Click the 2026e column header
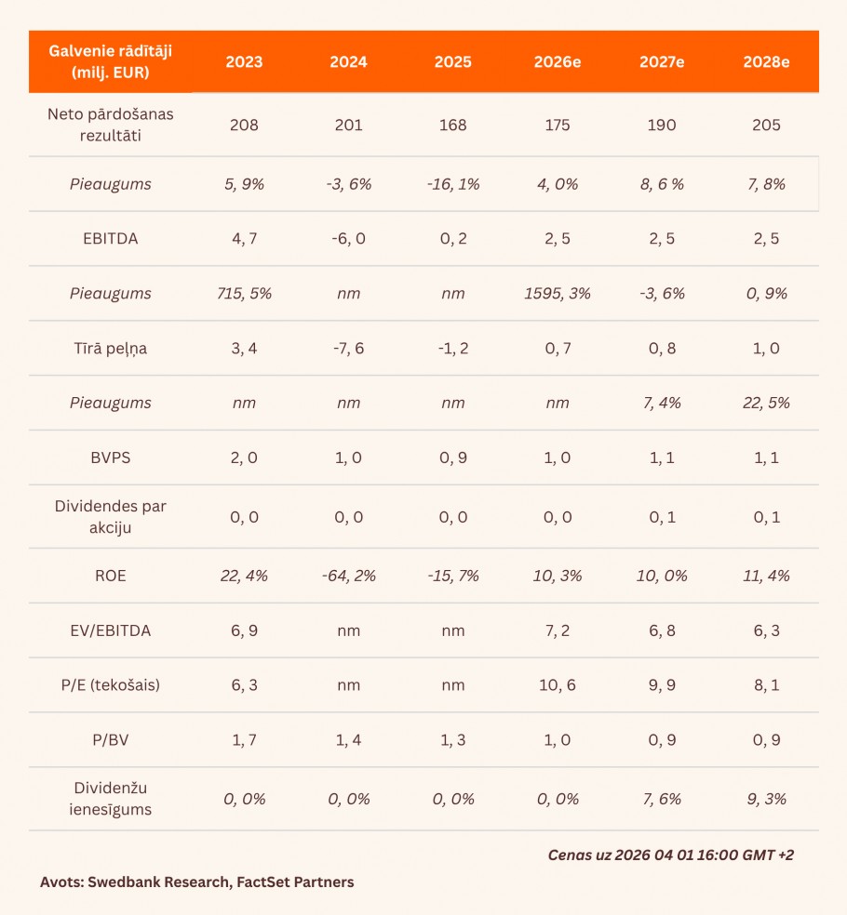click(x=558, y=62)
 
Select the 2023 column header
click(x=244, y=62)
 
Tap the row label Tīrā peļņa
click(x=111, y=349)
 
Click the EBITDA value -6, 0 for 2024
click(x=348, y=239)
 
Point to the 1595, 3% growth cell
click(x=558, y=294)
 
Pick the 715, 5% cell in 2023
click(x=244, y=294)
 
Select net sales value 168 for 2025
click(x=452, y=125)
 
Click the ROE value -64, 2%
click(x=348, y=576)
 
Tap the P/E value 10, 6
click(x=558, y=685)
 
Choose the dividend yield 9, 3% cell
click(x=766, y=799)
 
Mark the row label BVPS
click(x=111, y=458)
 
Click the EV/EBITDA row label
click(x=111, y=630)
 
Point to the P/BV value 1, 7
click(x=244, y=740)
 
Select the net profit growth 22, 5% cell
click(x=766, y=404)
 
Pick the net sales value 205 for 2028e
click(x=766, y=125)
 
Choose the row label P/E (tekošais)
click(x=111, y=685)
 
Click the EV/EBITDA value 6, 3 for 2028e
click(x=766, y=630)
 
